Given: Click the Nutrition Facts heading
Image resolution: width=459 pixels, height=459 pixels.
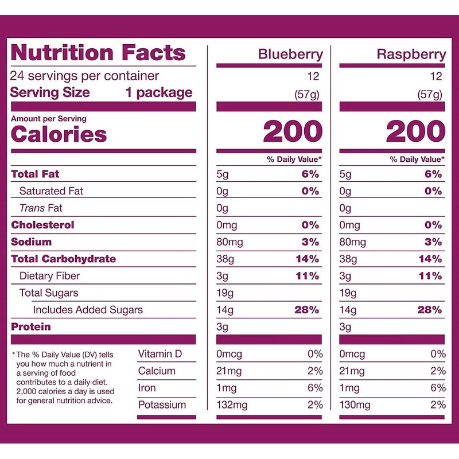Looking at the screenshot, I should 98,53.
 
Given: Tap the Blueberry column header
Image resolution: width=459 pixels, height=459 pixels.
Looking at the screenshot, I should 290,55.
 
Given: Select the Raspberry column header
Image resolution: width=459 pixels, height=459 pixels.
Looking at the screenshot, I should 411,55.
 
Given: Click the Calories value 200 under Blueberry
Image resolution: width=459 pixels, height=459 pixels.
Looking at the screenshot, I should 293,133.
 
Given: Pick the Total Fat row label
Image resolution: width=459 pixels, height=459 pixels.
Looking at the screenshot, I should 35,174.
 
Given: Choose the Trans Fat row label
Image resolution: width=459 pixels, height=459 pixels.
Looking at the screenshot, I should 41,208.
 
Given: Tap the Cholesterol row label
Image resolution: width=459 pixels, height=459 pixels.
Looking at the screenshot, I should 42,225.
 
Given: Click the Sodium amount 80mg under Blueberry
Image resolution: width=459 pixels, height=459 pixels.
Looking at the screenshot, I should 229,242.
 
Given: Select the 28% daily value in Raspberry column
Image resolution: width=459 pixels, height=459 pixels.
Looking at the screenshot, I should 430,310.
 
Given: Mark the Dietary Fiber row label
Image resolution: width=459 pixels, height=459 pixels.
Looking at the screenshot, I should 49,276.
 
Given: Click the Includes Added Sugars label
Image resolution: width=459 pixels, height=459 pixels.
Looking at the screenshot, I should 88,310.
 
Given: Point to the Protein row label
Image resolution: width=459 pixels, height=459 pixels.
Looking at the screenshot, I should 31,327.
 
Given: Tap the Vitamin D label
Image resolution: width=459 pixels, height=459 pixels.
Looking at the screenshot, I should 160,354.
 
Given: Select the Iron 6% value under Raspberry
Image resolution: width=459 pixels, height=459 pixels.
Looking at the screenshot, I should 438,388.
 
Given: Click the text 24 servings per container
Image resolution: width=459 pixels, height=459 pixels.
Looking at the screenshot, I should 85,76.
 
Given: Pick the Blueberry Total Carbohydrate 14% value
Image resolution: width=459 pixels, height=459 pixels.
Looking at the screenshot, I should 307,259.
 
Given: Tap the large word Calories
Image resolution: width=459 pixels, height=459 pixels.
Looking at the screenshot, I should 59,135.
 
